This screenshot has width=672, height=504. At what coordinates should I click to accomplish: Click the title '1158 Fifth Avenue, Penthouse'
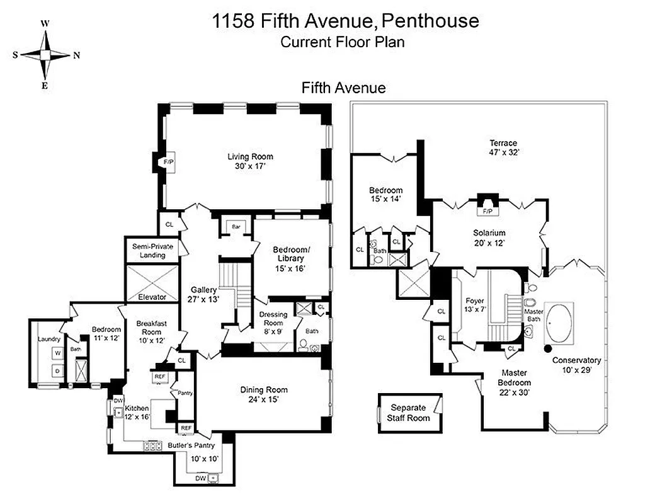point(345,21)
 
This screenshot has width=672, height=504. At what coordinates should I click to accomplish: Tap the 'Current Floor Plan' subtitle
point(342,43)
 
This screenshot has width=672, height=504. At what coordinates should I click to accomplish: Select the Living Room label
point(250,162)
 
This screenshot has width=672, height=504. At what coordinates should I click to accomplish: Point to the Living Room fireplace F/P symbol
point(168,163)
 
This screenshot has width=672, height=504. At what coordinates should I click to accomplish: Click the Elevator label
point(152,296)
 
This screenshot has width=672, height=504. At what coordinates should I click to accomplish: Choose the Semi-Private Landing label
point(152,251)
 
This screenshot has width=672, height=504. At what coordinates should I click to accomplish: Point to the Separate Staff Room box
point(410,413)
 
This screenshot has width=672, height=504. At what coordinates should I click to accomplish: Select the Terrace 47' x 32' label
point(502,147)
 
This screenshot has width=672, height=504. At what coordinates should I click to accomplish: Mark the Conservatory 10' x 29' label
point(576,365)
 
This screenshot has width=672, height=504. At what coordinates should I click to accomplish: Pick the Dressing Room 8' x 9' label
point(273,319)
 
